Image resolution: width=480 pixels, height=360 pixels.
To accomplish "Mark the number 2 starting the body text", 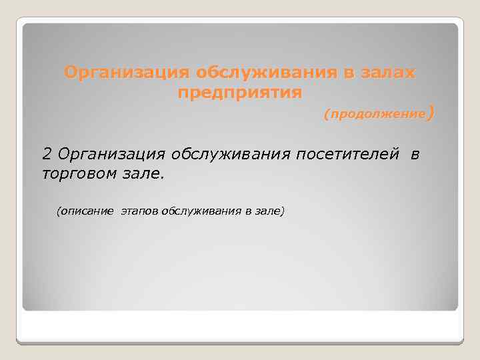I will [x=47, y=155].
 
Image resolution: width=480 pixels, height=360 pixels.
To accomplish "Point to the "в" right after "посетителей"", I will [x=416, y=155].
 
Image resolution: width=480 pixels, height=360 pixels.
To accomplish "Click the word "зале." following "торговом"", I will [x=142, y=174].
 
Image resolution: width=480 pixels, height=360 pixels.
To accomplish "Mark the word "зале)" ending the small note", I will [x=270, y=211].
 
